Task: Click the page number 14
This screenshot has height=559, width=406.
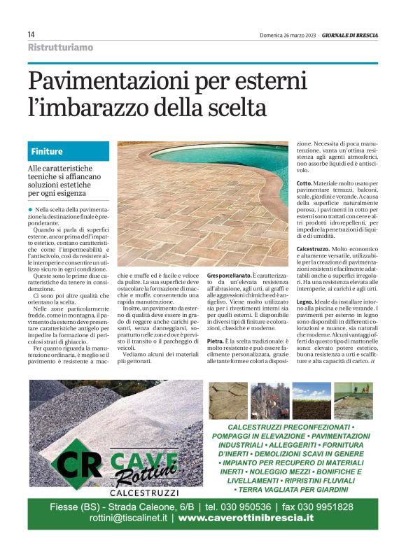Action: click(x=31, y=34)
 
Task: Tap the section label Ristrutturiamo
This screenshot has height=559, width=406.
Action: click(x=60, y=48)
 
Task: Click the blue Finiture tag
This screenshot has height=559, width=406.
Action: click(x=47, y=151)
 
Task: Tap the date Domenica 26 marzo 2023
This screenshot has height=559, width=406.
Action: click(x=288, y=34)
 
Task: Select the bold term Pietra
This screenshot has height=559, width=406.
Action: click(x=215, y=341)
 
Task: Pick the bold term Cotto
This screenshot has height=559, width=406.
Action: click(x=304, y=183)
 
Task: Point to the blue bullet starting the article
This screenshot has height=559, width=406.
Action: click(x=31, y=209)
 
